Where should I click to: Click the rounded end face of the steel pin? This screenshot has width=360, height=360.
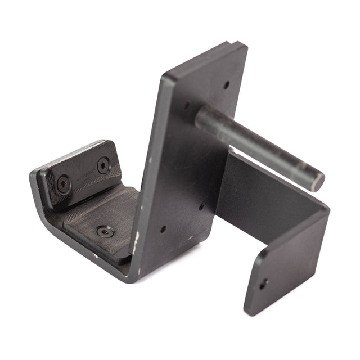(x=318, y=181)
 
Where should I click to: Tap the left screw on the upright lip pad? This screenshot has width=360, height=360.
(x=64, y=183)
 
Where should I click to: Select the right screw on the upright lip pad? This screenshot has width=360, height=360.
(x=103, y=165)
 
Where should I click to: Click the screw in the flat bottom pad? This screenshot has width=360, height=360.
(x=105, y=231)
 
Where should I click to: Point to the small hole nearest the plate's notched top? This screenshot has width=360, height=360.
(x=226, y=86)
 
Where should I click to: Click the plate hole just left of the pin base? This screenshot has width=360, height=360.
(x=186, y=105)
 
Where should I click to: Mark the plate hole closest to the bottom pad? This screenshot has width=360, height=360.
(x=163, y=229)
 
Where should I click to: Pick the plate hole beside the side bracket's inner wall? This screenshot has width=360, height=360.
(x=201, y=206)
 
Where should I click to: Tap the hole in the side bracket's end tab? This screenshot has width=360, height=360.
(x=263, y=283)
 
